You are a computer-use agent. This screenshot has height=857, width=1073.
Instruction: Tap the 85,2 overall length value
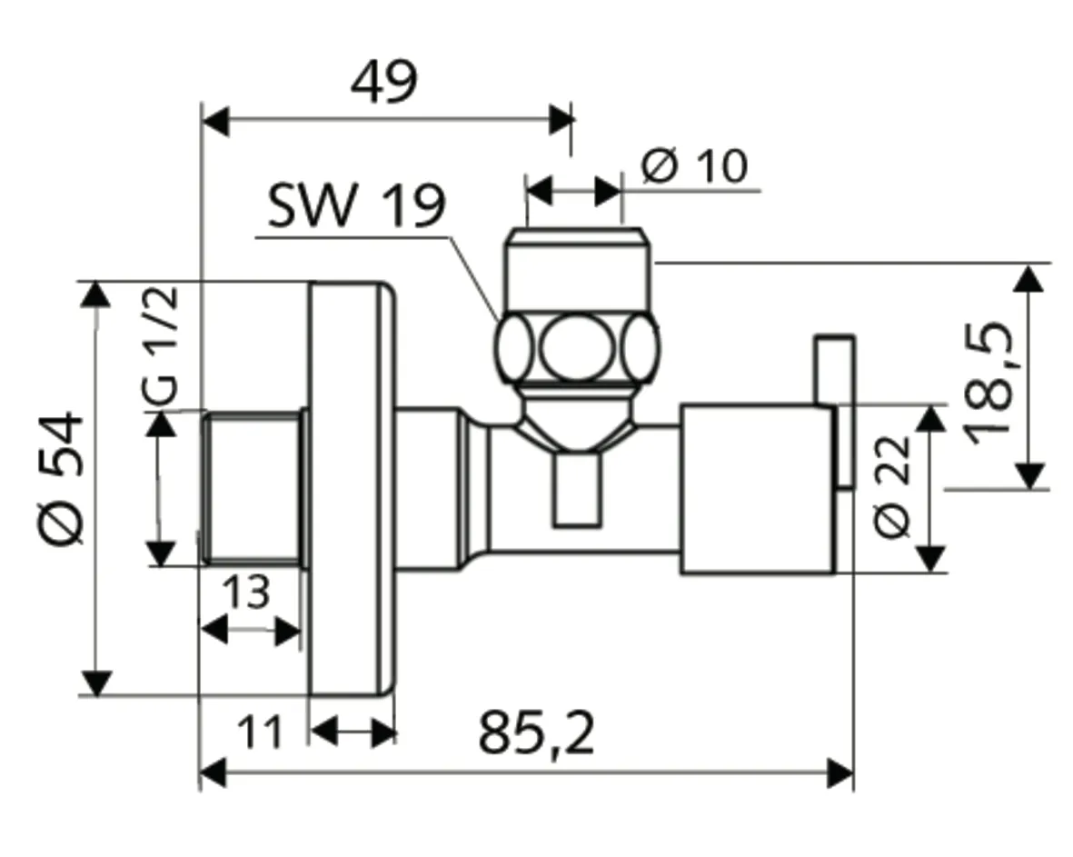click(537, 734)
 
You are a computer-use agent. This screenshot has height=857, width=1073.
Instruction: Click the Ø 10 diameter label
click(694, 166)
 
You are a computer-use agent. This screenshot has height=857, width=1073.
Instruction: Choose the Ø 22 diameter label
click(891, 487)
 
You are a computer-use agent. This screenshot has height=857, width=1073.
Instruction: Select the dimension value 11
click(259, 732)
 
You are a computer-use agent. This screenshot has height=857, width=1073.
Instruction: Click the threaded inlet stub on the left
click(252, 489)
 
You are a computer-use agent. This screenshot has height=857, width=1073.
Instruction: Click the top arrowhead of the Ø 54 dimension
click(95, 295)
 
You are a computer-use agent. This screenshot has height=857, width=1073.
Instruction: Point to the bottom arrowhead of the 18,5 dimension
click(1028, 475)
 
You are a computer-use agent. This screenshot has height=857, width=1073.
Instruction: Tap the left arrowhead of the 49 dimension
click(215, 119)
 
